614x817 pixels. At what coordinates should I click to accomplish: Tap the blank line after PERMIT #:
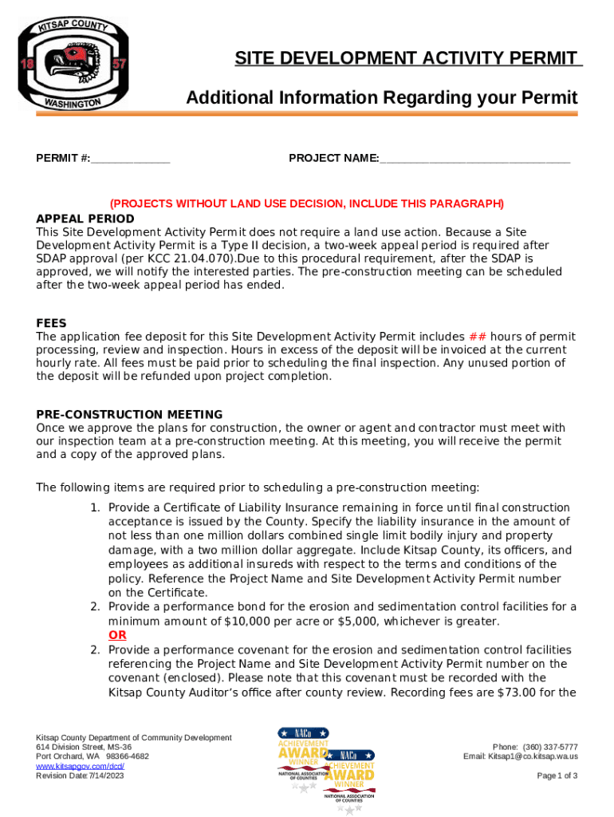[130, 159]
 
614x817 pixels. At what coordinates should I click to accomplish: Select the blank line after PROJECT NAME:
[475, 159]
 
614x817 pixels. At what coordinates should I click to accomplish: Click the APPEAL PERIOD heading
[85, 219]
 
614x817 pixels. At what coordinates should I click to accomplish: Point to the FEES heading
[51, 323]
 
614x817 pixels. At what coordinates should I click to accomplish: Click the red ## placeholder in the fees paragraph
[477, 337]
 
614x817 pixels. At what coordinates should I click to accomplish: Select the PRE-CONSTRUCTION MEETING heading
[129, 414]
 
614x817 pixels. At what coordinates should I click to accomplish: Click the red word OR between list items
[117, 635]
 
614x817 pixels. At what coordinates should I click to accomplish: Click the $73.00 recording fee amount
[512, 693]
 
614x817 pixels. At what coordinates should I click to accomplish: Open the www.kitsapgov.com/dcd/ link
[80, 766]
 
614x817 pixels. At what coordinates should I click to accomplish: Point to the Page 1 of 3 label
[557, 776]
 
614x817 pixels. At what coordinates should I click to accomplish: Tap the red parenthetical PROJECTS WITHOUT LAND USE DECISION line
[307, 203]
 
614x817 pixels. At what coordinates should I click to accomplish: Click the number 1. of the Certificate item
[94, 507]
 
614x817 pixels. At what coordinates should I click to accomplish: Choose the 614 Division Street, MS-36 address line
[85, 747]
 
